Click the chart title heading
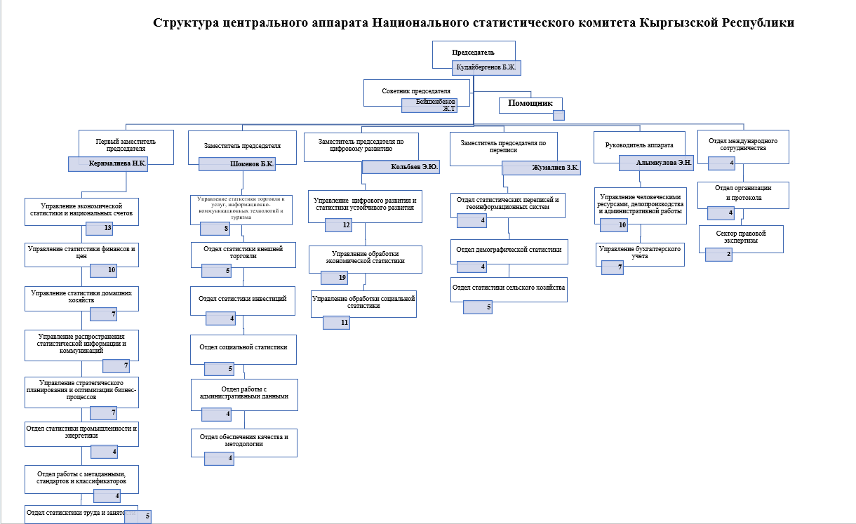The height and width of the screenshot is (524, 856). pos(474,22)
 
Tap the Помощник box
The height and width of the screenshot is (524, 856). pos(530,105)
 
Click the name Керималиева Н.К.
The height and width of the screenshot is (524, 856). pos(118,163)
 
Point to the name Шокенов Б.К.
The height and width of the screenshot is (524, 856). pos(237,163)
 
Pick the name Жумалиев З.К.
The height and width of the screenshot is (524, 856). pos(541,168)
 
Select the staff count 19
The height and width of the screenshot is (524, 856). pos(343,278)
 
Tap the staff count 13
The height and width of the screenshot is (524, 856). pos(108,228)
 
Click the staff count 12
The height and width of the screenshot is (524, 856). pos(347,225)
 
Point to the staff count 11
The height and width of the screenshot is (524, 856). pos(345,323)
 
